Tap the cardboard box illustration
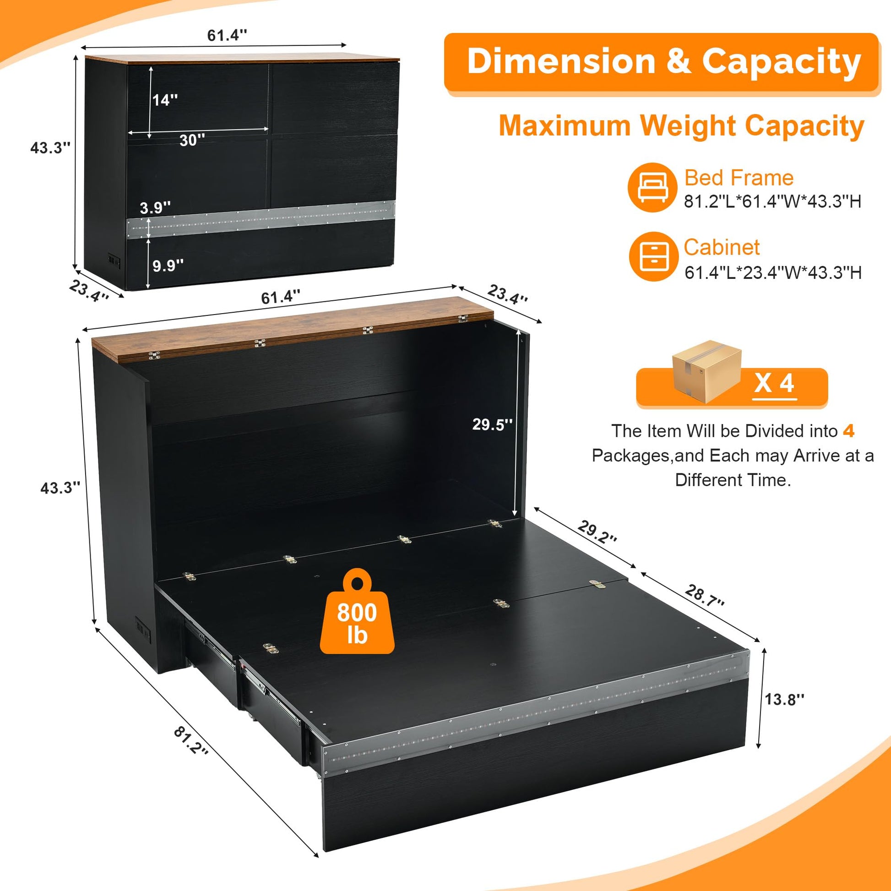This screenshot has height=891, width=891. click(706, 372)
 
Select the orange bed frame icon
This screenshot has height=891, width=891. click(652, 187)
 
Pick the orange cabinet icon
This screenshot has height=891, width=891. click(654, 256)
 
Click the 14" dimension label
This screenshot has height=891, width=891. click(165, 100)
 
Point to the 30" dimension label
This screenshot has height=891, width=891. click(192, 140)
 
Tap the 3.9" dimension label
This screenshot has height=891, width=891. click(155, 207)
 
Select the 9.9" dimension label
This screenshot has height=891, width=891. click(168, 266)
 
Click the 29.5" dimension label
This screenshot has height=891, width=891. click(492, 424)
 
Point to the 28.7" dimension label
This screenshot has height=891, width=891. click(705, 595)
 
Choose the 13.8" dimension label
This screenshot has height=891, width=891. click(784, 699)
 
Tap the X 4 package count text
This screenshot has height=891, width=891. click(774, 383)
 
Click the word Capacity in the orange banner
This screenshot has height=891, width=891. click(781, 61)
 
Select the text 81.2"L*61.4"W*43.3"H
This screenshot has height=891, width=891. click(772, 201)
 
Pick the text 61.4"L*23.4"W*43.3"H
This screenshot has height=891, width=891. click(773, 272)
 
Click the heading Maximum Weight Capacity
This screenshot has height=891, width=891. click(682, 125)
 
